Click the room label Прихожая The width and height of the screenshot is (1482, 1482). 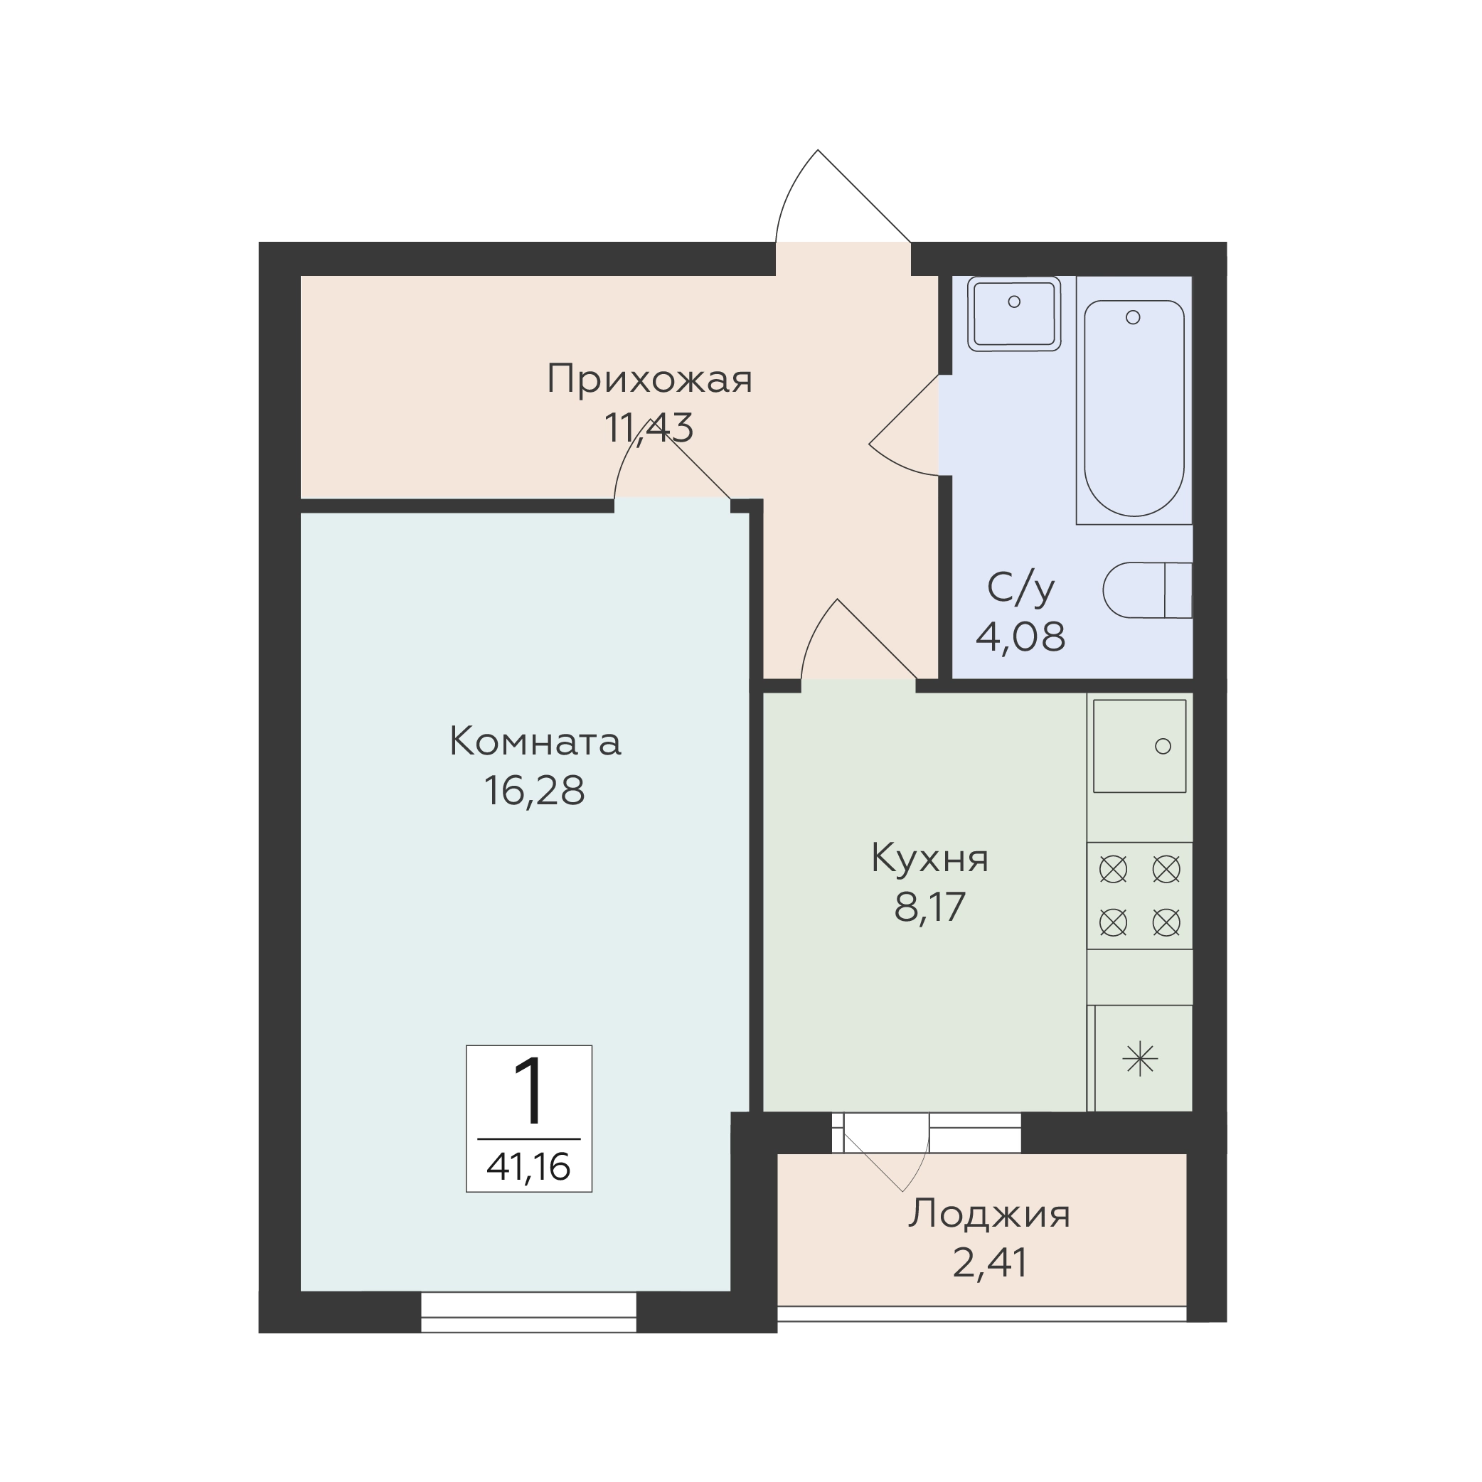[x=650, y=380]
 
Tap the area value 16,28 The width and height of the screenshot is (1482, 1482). [x=535, y=790]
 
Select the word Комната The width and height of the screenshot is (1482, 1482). [x=535, y=742]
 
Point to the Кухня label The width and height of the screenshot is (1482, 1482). [x=929, y=859]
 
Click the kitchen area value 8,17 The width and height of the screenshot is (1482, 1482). [x=929, y=907]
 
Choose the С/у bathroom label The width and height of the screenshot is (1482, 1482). [x=1021, y=588]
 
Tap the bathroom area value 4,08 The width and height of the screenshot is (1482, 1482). [x=1021, y=636]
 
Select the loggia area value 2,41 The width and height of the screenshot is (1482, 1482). [x=989, y=1262]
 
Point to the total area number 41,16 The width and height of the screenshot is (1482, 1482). [x=528, y=1167]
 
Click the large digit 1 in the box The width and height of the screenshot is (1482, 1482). [x=529, y=1091]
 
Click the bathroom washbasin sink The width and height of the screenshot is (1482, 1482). [x=1014, y=314]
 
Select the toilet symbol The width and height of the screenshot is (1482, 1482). [x=1148, y=590]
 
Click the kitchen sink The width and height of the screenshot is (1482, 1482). [x=1140, y=745]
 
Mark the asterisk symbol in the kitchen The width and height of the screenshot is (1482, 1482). [x=1140, y=1060]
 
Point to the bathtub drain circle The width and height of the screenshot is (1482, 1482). [x=1133, y=316]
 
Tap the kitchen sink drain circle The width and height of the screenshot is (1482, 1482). [x=1163, y=745]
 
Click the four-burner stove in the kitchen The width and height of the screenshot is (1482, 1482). [x=1140, y=896]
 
